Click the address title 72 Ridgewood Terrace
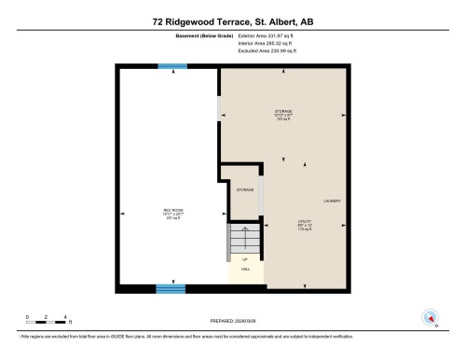pyautogui.click(x=232, y=18)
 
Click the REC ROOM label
pyautogui.click(x=171, y=211)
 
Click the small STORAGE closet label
pyautogui.click(x=244, y=189)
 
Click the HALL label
pyautogui.click(x=246, y=269)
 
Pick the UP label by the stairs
pyautogui.click(x=245, y=258)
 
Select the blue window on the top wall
pyautogui.click(x=171, y=65)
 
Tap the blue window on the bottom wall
pyautogui.click(x=171, y=287)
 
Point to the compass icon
pyautogui.click(x=430, y=317)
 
